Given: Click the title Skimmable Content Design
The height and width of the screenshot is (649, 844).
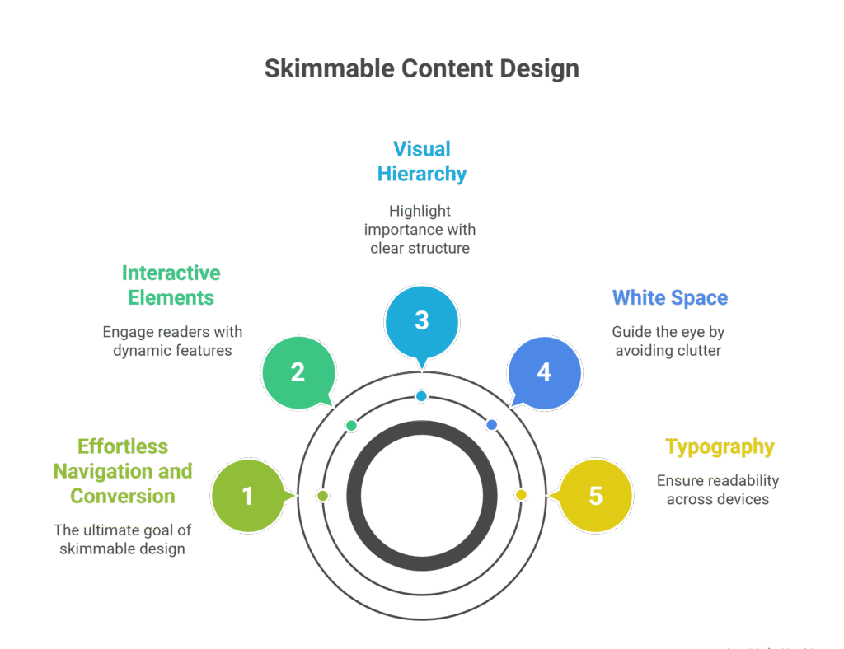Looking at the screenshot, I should [x=421, y=68].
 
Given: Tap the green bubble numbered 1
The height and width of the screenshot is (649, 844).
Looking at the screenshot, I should [x=247, y=496].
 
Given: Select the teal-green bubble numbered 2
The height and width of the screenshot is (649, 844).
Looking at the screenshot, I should [x=298, y=372].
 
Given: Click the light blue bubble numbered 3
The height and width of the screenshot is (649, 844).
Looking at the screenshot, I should [x=421, y=320].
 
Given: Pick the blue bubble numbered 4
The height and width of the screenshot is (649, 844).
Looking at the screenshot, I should [x=544, y=372].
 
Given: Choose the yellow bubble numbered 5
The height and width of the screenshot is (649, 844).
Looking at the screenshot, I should [x=595, y=496].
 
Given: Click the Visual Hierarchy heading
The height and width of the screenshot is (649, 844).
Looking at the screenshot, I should [x=421, y=161].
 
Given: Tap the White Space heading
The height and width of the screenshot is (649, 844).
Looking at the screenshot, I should [x=669, y=297].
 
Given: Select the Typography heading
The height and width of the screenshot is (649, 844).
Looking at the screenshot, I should [x=720, y=447].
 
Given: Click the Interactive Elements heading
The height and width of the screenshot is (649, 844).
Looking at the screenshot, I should [x=171, y=285].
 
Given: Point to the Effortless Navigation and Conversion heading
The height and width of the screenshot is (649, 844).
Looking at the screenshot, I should [x=123, y=471].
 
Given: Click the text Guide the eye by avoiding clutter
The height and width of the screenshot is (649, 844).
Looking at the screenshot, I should [x=668, y=341].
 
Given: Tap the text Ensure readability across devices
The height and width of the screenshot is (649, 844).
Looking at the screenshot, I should [x=717, y=489].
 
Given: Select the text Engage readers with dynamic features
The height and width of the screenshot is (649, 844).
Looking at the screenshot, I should [x=172, y=341].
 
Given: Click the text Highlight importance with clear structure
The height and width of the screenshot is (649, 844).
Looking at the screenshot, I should [x=420, y=229].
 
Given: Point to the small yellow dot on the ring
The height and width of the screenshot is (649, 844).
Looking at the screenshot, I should [x=521, y=495].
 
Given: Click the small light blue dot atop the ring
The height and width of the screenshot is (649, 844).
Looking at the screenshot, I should [x=421, y=396].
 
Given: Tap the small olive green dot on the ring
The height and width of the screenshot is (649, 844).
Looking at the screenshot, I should [x=323, y=496].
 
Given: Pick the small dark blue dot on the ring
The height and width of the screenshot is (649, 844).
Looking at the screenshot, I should [x=492, y=425].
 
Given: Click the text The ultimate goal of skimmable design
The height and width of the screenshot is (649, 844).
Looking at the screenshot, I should [x=122, y=539].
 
